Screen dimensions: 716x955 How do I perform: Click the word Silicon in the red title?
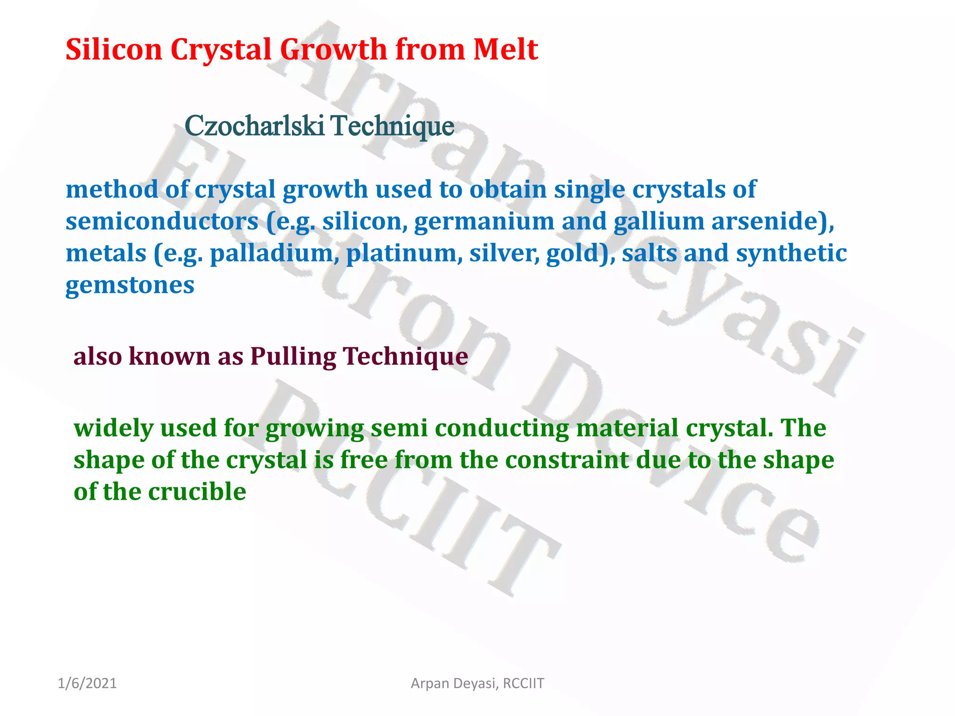(113, 49)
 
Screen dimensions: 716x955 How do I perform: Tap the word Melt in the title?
(505, 49)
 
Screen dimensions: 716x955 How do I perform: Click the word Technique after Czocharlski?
(393, 127)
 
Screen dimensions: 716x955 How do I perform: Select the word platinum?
(404, 253)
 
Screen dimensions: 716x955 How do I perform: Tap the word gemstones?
(130, 285)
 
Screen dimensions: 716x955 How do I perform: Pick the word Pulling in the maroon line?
(293, 357)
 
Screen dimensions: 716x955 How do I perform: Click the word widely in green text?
(113, 428)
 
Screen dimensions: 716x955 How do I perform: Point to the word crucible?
(197, 492)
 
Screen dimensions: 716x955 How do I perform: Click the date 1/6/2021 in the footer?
(87, 683)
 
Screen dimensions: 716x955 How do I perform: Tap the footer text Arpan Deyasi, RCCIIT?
(477, 683)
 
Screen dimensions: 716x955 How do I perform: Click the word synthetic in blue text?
(791, 253)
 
